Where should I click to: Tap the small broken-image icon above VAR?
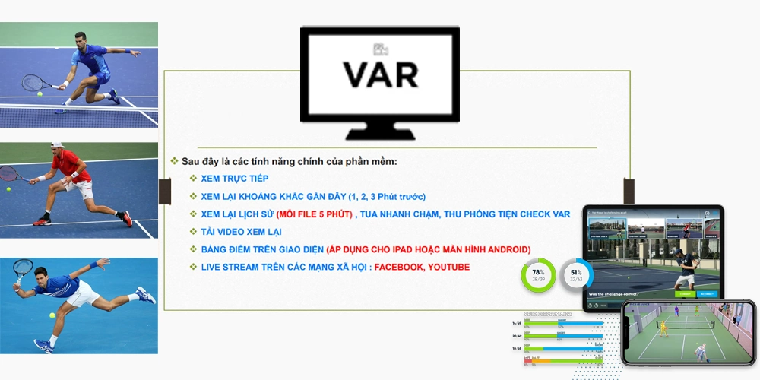click(379, 50)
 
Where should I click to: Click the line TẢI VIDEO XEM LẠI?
click(241, 232)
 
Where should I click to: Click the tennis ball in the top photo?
click(40, 94)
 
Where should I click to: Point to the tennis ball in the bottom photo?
click(52, 315)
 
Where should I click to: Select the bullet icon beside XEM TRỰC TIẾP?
click(193, 179)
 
